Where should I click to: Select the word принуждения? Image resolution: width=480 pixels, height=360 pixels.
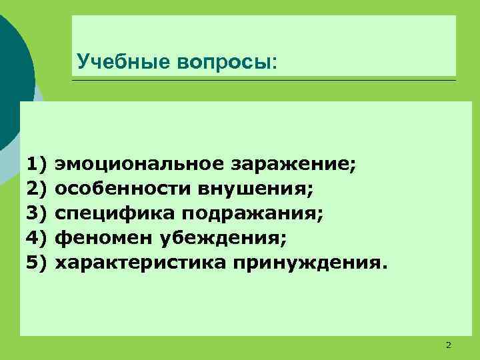(x=308, y=262)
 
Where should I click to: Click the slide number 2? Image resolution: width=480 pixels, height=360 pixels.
(x=448, y=345)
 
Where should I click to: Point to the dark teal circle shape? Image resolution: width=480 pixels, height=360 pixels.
(x=12, y=73)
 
